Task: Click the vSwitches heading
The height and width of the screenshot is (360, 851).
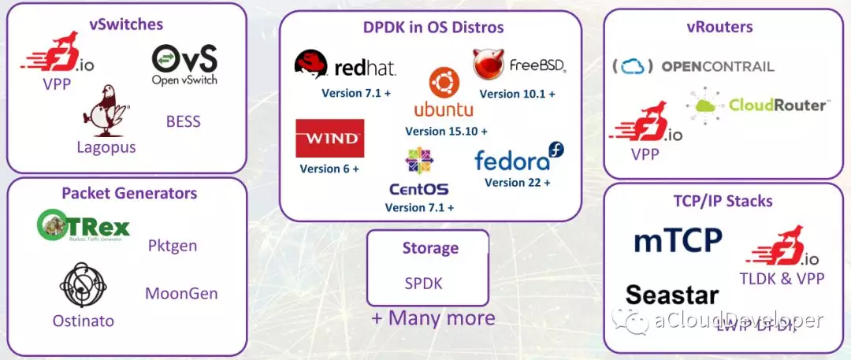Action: (126, 24)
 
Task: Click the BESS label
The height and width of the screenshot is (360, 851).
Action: (183, 121)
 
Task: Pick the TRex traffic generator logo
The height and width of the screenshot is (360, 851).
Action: (84, 227)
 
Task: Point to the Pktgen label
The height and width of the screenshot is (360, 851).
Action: (172, 246)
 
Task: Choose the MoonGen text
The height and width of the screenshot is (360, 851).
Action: (181, 294)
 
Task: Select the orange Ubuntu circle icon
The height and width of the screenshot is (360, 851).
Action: (444, 82)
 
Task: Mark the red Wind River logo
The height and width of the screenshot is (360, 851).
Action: (329, 139)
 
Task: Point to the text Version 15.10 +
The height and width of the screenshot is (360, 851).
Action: (446, 131)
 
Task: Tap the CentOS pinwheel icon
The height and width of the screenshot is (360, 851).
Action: (418, 161)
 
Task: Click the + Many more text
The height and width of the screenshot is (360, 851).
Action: (433, 318)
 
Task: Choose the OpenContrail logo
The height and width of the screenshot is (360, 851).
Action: (693, 67)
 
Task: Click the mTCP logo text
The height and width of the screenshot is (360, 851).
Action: (678, 239)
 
